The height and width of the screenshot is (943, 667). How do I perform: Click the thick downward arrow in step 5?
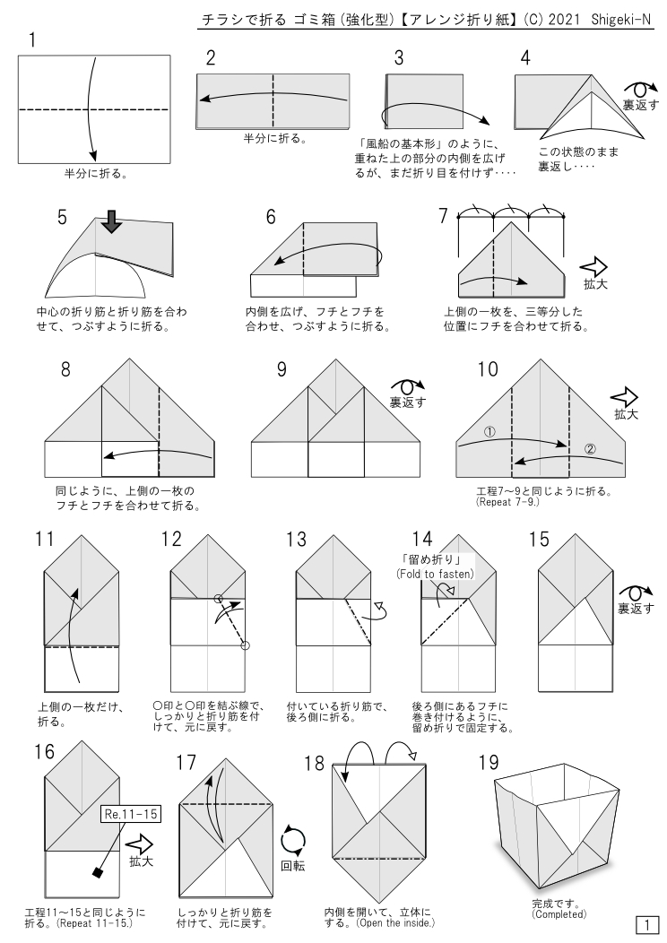tap(111, 221)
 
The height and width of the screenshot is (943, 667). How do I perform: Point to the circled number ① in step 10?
tap(489, 431)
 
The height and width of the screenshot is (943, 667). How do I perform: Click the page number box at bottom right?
tap(646, 923)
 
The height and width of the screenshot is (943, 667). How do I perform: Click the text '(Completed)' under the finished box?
tap(559, 914)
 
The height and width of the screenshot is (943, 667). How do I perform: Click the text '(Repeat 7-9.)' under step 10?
tap(509, 503)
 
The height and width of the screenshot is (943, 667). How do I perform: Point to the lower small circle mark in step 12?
tap(246, 645)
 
